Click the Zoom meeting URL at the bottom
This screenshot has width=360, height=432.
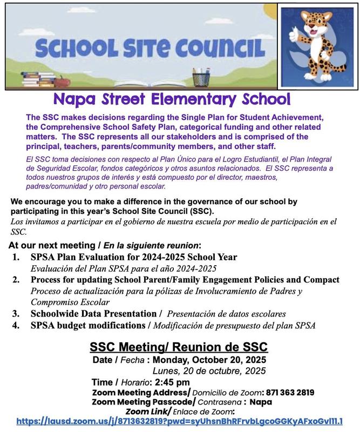pyautogui.click(x=180, y=421)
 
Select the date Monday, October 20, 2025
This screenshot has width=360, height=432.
pyautogui.click(x=214, y=360)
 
